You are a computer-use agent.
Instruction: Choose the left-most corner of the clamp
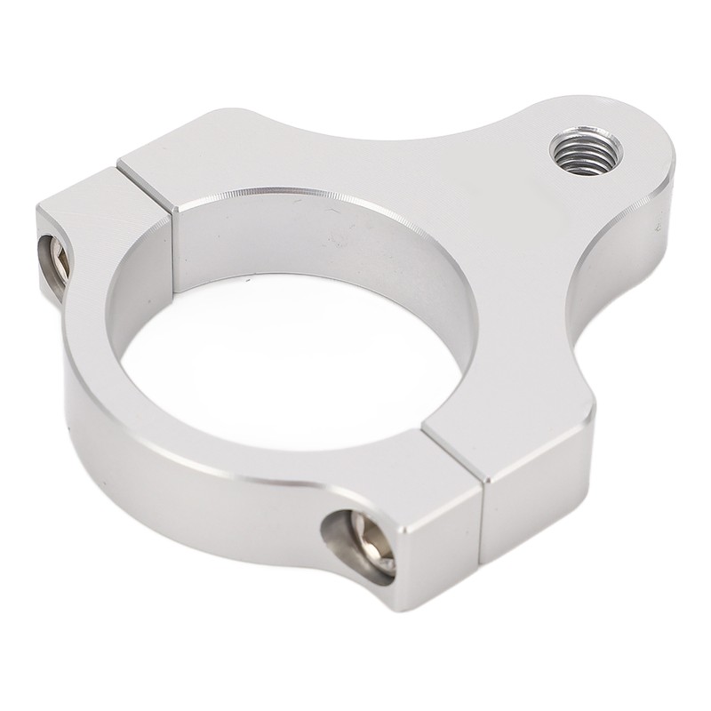(36, 210)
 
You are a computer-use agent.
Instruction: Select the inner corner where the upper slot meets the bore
(174, 208)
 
